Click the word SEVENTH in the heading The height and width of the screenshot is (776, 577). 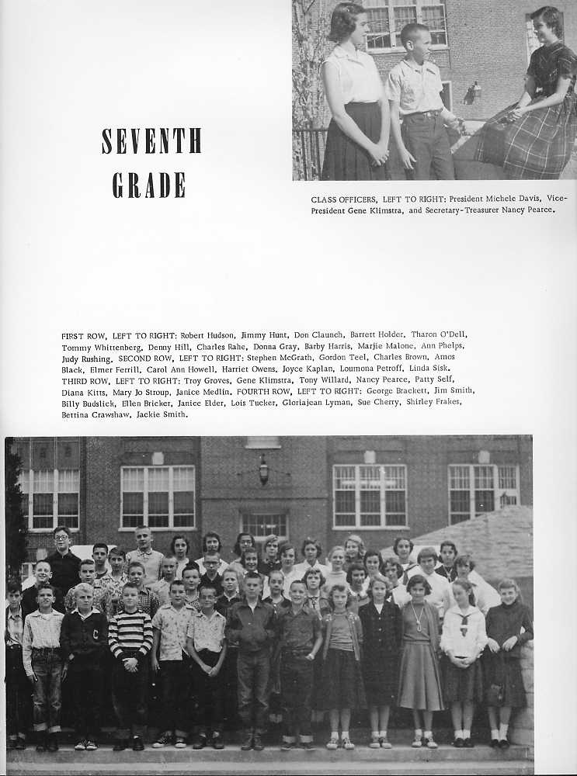151,140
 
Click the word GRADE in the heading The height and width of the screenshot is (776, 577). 149,185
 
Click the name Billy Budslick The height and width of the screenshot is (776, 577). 87,402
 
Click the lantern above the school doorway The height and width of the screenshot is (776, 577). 263,469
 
